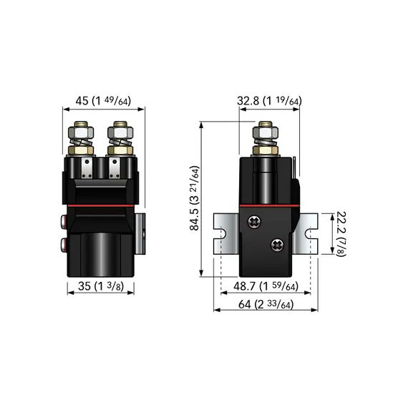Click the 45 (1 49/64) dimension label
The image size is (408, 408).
[103, 101]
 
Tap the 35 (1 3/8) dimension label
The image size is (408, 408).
[101, 286]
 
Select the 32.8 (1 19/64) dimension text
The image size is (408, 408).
[269, 101]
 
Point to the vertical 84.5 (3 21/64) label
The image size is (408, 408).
[195, 198]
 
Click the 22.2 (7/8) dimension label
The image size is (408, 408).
[341, 233]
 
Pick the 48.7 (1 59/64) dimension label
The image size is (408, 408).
[266, 286]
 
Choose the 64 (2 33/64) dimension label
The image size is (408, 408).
[266, 304]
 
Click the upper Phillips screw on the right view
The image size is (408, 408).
[255, 222]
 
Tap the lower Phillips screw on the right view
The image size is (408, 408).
[278, 245]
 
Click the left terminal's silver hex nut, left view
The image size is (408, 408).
[81, 132]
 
